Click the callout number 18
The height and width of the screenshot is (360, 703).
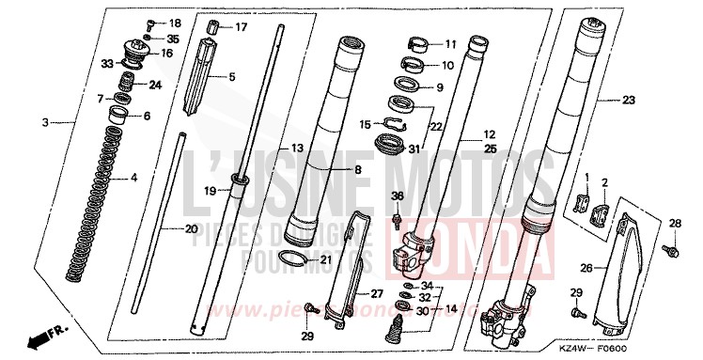point(175,23)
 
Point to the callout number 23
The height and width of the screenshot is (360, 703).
point(629,99)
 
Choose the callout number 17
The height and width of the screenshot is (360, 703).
point(241,27)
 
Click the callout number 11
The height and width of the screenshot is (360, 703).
point(450,43)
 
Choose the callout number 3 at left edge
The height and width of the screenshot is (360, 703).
point(46,123)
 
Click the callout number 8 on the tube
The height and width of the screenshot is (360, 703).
point(332,169)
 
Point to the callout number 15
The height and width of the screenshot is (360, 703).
point(365,123)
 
